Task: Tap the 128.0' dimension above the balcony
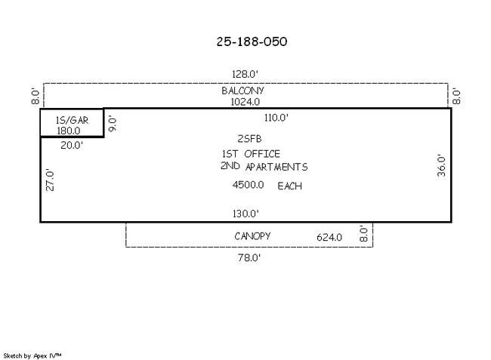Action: [x=245, y=74]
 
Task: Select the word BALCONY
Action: [x=242, y=91]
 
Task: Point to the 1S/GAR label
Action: [x=72, y=121]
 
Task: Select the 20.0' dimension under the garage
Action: [x=72, y=145]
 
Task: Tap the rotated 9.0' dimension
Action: [x=113, y=124]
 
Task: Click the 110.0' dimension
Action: [x=276, y=118]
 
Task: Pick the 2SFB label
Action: [x=249, y=139]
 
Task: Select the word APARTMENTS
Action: [x=276, y=167]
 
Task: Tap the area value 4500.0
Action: [x=248, y=185]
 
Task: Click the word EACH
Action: [x=289, y=186]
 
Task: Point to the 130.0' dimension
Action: [x=246, y=214]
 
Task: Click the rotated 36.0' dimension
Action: [x=442, y=165]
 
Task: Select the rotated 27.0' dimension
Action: [x=51, y=180]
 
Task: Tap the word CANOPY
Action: [x=252, y=236]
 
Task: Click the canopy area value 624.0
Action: [x=329, y=237]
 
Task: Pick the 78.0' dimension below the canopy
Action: [x=249, y=257]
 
